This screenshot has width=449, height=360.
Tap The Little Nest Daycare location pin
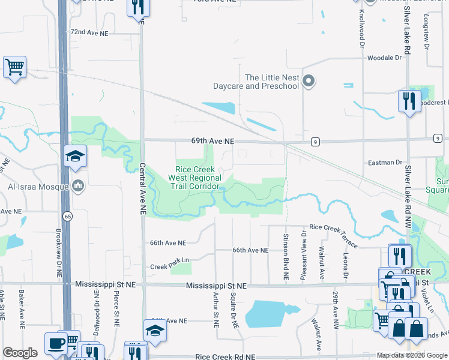309,81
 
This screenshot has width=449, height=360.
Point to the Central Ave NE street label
143,189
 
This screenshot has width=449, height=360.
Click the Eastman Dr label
385,163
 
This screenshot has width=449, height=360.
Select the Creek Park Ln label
170,266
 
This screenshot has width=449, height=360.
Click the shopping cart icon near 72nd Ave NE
14,67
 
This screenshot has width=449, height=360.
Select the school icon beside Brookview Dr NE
76,157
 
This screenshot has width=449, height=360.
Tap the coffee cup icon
56,344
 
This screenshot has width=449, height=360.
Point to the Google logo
20,353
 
